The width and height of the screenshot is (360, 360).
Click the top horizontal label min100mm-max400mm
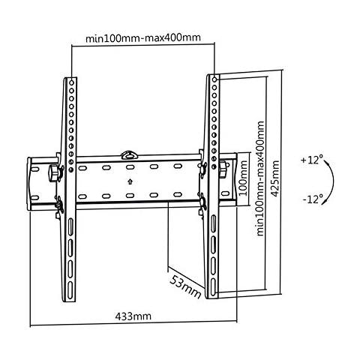click(142, 37)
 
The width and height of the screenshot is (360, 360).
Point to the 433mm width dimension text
click(132, 317)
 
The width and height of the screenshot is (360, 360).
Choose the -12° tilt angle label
click(313, 199)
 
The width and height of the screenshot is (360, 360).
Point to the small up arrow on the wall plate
click(130, 181)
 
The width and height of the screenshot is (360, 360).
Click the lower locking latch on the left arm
click(58, 201)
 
